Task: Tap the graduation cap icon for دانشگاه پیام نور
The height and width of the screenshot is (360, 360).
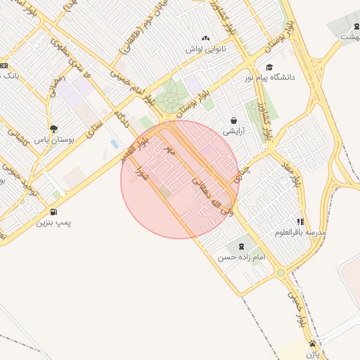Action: click(x=270, y=67)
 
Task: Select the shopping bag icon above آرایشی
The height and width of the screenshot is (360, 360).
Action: click(x=233, y=120)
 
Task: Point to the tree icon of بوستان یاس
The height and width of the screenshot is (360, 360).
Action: click(x=53, y=128)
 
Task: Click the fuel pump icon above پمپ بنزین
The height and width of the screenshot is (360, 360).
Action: click(x=53, y=212)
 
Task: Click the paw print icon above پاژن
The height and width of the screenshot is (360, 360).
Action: click(x=312, y=343)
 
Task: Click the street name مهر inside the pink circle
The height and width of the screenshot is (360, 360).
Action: click(x=168, y=150)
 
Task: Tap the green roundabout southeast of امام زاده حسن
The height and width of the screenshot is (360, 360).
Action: click(x=281, y=273)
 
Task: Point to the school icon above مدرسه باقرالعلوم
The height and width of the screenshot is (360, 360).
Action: click(x=301, y=221)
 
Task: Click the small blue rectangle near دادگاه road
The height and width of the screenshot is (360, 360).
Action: click(x=115, y=144)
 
